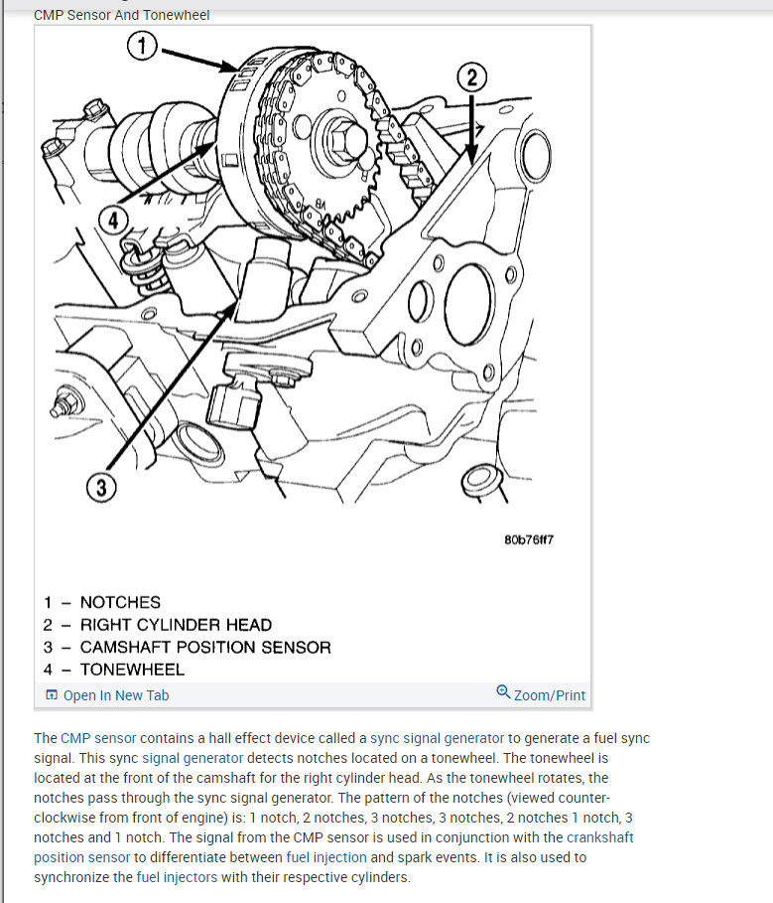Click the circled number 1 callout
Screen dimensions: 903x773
tap(143, 45)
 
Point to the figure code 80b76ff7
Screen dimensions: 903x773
tap(528, 539)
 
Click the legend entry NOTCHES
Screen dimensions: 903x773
tap(119, 602)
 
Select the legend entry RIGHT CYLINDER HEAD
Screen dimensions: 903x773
tap(176, 625)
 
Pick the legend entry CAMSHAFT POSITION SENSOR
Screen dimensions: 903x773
tap(205, 647)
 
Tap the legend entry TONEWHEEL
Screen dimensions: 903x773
tap(132, 670)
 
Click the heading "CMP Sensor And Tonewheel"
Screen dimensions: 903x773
tap(122, 15)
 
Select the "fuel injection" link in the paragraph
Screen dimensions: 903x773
tap(325, 856)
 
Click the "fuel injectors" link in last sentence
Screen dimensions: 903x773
tap(177, 877)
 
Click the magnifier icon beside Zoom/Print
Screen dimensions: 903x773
tap(503, 692)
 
